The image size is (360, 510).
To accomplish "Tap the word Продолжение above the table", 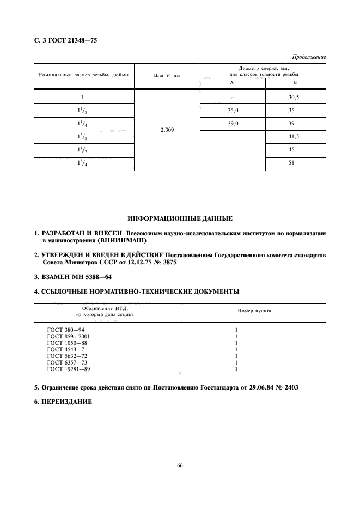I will (x=309, y=57).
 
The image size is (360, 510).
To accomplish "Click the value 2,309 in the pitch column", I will (x=167, y=130).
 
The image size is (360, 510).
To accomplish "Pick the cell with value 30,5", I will (x=295, y=96).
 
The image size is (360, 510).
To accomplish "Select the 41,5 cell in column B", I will (x=295, y=137).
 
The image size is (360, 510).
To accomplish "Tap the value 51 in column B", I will (x=295, y=164).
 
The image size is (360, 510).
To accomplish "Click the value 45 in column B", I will (x=295, y=150).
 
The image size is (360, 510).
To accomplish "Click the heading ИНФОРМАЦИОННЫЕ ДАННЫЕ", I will (x=180, y=219).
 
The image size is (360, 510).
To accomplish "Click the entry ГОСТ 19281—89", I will (x=70, y=369).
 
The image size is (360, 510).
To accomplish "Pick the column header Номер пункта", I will (x=254, y=311).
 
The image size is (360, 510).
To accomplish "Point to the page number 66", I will (x=180, y=465).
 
